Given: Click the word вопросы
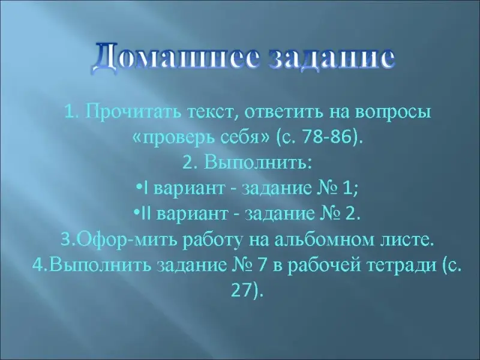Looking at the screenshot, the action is [393, 113].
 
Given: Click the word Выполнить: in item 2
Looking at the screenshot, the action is [258, 163].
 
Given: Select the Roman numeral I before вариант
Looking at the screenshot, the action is [146, 188].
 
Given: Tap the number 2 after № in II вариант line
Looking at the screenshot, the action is [350, 214].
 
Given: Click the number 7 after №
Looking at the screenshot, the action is [261, 266].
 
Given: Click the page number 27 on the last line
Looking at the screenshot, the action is [241, 291].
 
